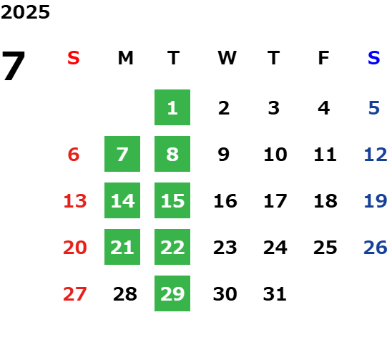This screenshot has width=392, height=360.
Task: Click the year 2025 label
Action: [25, 12]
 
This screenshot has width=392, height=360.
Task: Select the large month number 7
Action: [14, 65]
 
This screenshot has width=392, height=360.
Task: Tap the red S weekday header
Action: [74, 58]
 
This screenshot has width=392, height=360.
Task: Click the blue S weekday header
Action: [374, 58]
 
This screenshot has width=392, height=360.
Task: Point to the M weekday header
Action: [125, 58]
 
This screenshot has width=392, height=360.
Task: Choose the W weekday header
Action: [227, 58]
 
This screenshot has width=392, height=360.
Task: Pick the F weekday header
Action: [324, 58]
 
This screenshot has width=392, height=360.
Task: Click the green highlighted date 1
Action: [172, 107]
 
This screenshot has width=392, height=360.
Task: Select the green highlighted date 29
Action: [172, 293]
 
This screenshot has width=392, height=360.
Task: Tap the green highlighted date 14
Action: [122, 200]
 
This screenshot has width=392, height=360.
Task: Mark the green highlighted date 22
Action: [172, 247]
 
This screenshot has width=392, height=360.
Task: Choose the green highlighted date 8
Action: [172, 154]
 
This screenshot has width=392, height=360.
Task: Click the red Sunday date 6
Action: [74, 154]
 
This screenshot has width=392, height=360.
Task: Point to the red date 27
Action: [74, 293]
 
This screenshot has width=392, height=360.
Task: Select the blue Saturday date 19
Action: [376, 200]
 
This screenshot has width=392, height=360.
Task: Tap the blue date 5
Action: [374, 108]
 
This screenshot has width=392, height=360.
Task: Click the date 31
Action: [275, 293]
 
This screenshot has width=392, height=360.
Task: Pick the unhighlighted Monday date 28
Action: [125, 293]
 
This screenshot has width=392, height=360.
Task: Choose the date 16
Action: [225, 200]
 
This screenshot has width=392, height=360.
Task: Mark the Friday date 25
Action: [325, 247]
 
